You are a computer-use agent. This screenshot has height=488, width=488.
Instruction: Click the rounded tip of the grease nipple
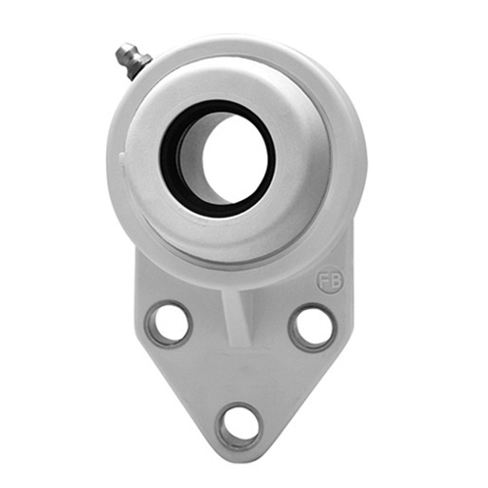122,52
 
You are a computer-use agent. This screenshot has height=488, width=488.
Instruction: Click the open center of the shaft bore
235,158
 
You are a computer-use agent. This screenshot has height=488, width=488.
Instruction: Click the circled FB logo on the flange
331,280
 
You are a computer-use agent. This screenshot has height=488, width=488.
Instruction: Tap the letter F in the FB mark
324,280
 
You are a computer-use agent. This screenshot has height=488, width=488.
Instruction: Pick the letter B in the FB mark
336,280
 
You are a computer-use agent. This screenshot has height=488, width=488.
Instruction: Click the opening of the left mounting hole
170,323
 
